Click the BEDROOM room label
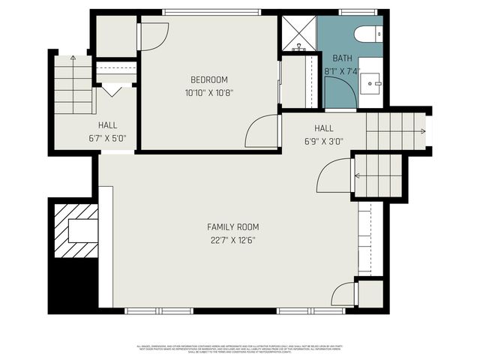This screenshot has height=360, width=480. tap(208, 79)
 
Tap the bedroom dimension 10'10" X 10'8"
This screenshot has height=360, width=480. tap(208, 94)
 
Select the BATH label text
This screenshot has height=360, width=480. tap(342, 58)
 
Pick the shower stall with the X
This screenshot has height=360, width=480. tap(298, 31)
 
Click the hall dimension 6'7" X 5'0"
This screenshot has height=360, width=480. tap(107, 138)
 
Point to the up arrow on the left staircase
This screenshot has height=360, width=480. tap(72, 57)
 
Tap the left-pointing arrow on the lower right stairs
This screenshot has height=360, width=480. tap(358, 177)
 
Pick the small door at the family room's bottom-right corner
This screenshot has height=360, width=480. tap(343, 294)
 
